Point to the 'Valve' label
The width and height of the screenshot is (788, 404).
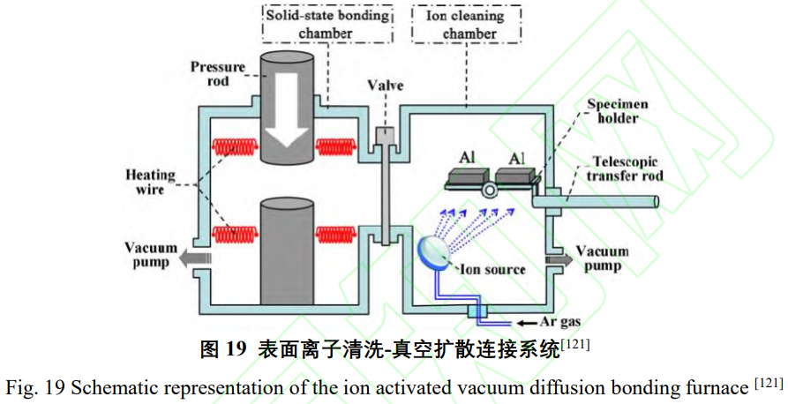pyautogui.click(x=386, y=86)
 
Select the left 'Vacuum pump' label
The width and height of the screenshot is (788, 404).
pyautogui.click(x=150, y=256)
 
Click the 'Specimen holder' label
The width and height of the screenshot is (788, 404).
pyautogui.click(x=618, y=111)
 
